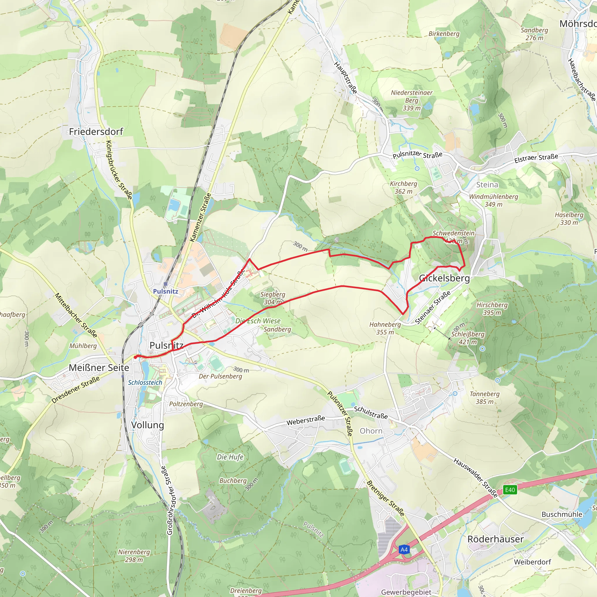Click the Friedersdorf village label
96,132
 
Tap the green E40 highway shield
510,490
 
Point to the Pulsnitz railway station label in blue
166,291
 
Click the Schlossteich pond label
145,382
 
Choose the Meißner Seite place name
99,368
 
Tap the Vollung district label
148,425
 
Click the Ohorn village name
371,431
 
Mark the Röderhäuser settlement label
495,539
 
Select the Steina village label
487,185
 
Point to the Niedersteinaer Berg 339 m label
412,100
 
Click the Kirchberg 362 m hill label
403,187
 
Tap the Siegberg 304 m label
273,298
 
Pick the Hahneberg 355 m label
385,328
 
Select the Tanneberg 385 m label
484,398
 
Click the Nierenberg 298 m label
134,556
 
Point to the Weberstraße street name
305,420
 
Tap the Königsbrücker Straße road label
119,170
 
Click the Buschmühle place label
562,515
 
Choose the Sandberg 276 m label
534,34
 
